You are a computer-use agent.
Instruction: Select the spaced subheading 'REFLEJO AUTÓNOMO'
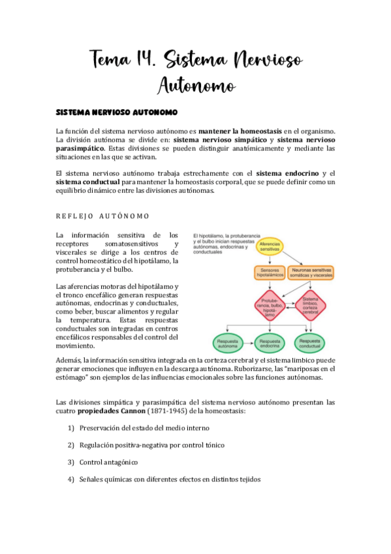[x=102, y=216]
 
